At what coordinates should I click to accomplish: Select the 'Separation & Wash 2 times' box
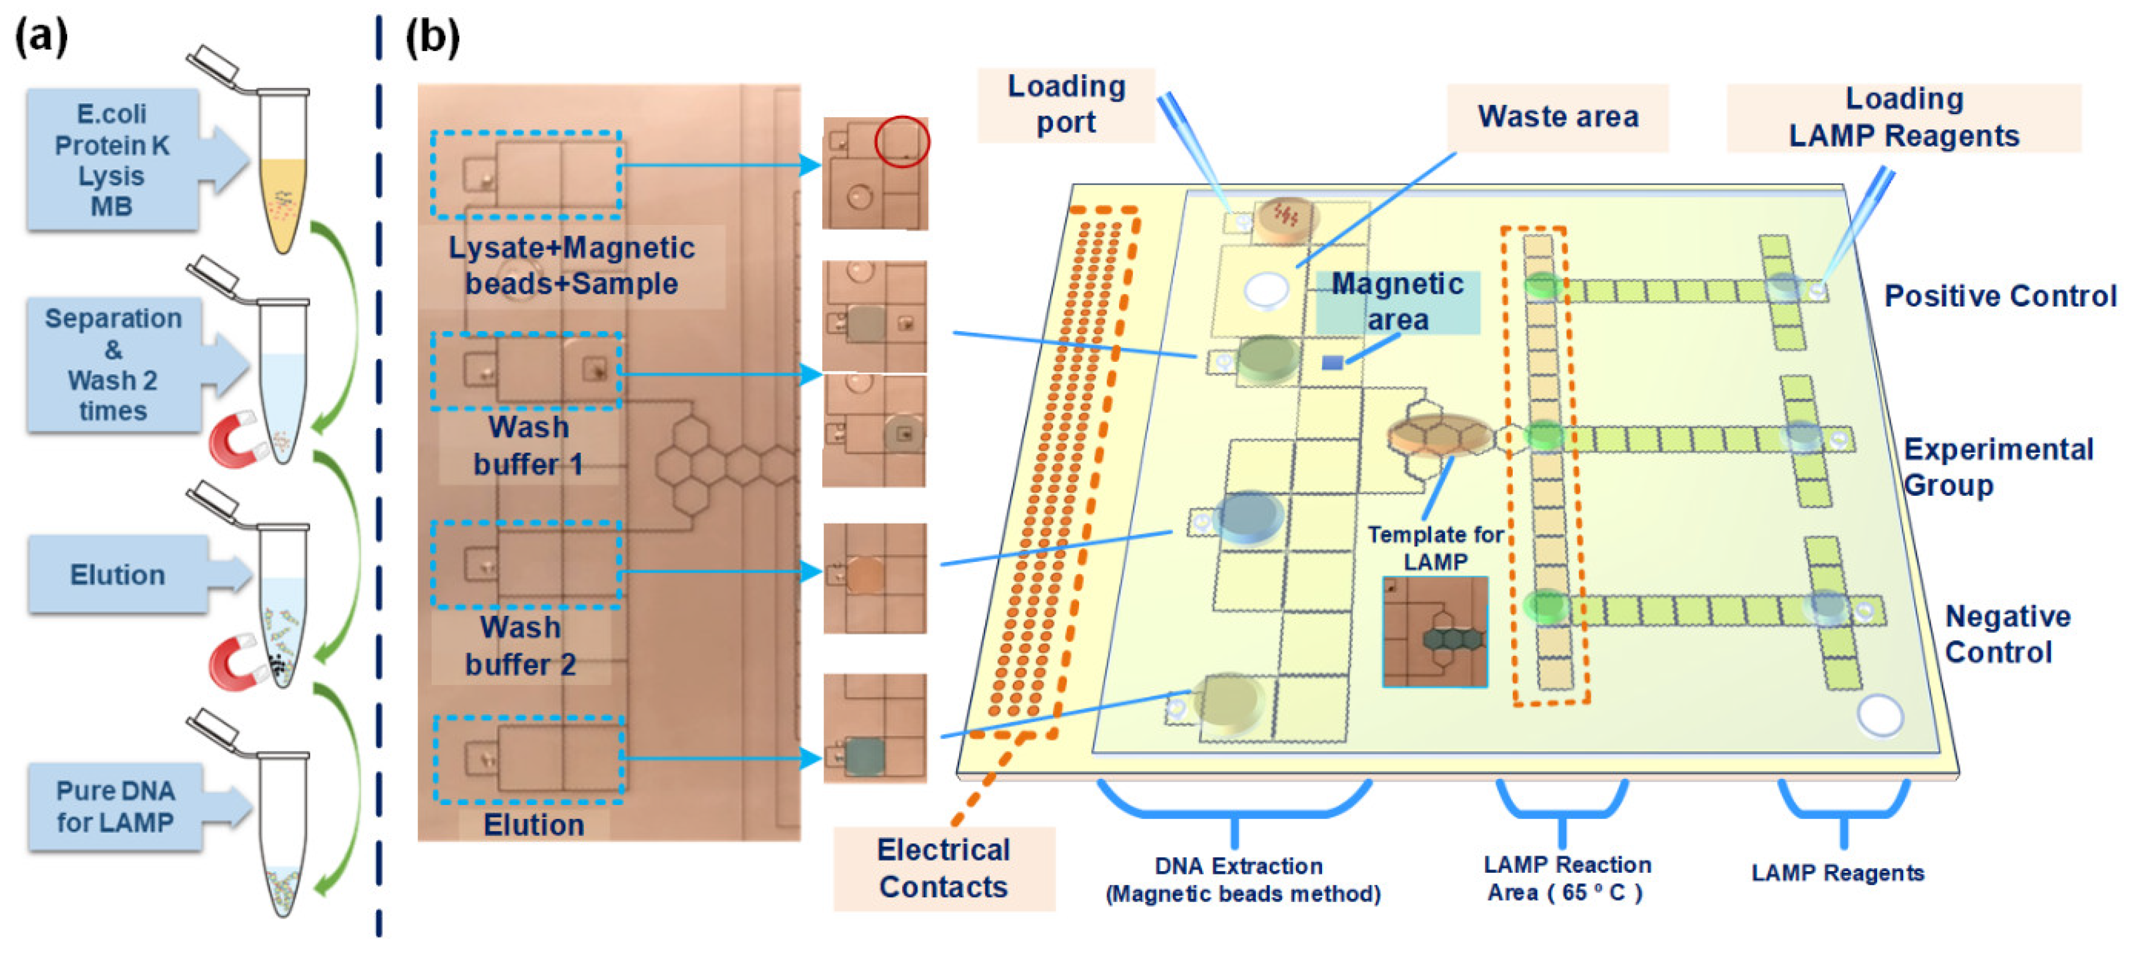tap(113, 364)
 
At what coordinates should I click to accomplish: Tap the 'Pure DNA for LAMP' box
tap(116, 807)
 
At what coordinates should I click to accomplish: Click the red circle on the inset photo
tap(902, 141)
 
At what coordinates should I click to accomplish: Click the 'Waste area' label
tap(1557, 117)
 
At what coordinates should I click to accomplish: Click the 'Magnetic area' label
tap(1397, 302)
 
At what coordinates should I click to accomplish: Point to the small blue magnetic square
tap(1332, 362)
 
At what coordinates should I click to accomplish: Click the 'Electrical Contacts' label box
tap(943, 869)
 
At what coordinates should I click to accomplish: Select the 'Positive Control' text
tap(2000, 296)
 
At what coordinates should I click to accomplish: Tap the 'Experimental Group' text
tap(1998, 467)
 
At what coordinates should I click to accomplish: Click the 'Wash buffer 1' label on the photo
tap(528, 446)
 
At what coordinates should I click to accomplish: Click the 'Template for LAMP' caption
tap(1435, 547)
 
